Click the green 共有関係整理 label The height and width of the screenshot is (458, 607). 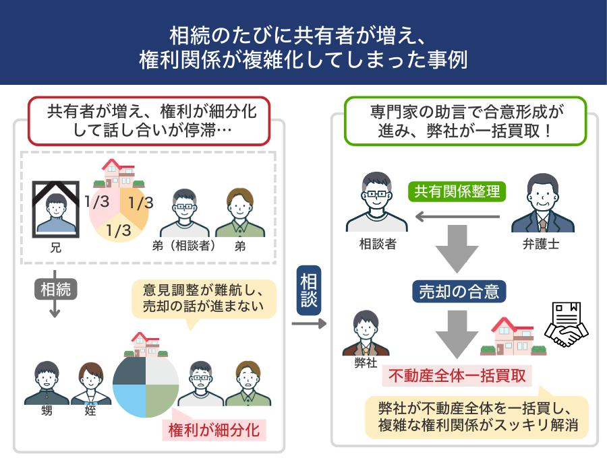click(x=457, y=192)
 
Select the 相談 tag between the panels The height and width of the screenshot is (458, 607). click(x=309, y=291)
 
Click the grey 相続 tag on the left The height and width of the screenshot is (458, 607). click(x=55, y=290)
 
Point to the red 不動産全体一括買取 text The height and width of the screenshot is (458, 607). click(x=457, y=375)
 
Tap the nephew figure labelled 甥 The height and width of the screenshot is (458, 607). click(x=47, y=384)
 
